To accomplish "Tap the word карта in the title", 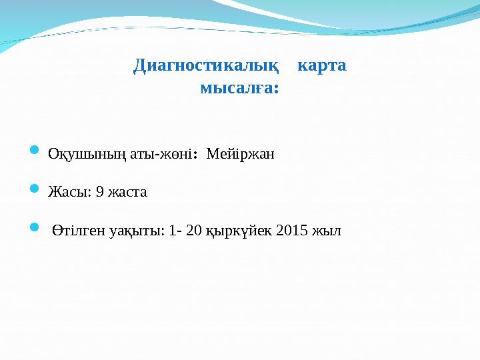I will tap(321, 66).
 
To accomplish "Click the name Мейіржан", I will tap(241, 155).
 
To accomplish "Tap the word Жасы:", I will tap(69, 193).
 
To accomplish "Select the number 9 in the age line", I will tap(99, 193).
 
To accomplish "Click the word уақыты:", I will tap(134, 231).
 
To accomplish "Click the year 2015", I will tap(291, 231).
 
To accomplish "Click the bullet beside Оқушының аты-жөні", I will tap(36, 153).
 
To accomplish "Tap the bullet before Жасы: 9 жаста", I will tap(36, 191).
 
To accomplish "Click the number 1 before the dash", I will tap(173, 231).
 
